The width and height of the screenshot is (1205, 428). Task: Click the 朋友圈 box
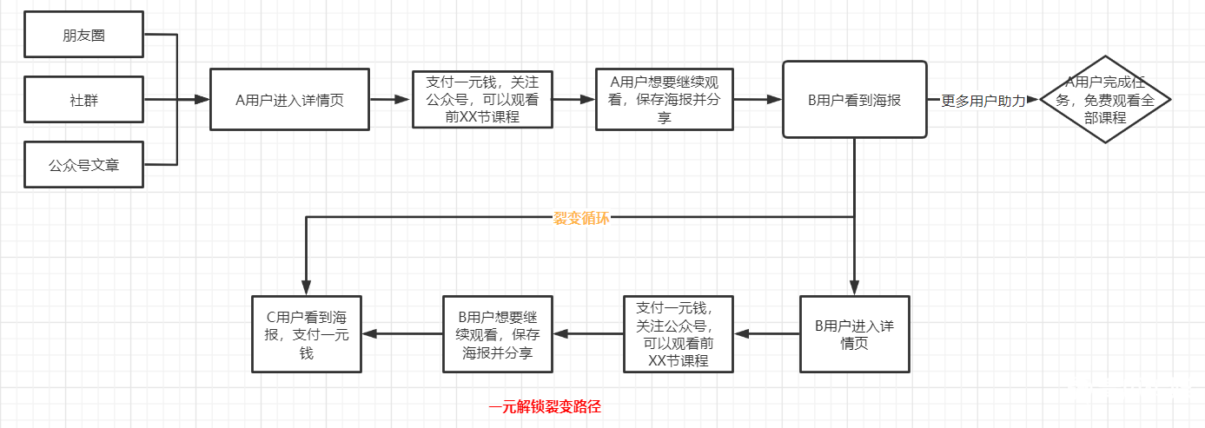[x=83, y=36]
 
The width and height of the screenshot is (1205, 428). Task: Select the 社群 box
[x=83, y=99]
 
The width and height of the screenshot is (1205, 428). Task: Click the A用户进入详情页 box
[x=289, y=100]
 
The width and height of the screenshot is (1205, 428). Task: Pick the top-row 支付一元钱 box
[x=481, y=100]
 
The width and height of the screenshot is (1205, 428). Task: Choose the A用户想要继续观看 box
[x=664, y=100]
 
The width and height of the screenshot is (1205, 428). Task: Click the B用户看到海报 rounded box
[x=854, y=99]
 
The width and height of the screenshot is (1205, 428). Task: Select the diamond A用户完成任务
[x=1104, y=100]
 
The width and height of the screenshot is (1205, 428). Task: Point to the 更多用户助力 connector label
[x=983, y=101]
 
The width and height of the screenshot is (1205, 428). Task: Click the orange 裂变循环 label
[x=581, y=218]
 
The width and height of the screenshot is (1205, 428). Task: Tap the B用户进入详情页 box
[x=853, y=334]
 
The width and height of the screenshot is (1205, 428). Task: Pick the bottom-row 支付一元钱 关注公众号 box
[x=679, y=334]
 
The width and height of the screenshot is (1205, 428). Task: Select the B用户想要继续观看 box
[x=497, y=334]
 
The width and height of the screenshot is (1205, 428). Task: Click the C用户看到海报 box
[x=306, y=334]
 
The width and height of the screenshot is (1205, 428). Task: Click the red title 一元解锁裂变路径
[x=545, y=406]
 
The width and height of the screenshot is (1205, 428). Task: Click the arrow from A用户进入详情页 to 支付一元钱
[x=390, y=100]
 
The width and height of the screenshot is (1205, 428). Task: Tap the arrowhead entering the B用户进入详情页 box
[x=854, y=289]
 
